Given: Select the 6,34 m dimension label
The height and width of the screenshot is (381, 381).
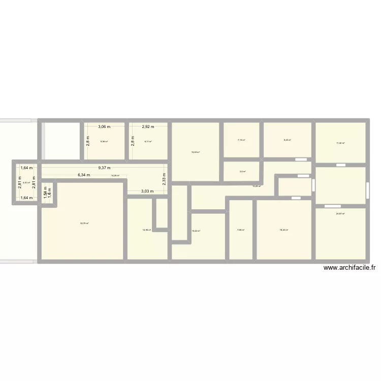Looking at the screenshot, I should click(x=84, y=175).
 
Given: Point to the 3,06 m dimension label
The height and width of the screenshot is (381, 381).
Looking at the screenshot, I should click(x=104, y=126).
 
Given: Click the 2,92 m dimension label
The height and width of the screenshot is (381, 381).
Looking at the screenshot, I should click(x=148, y=126).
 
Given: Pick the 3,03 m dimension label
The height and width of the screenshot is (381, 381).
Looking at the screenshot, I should click(x=147, y=191).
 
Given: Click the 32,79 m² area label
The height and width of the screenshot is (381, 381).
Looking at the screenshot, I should click(x=84, y=223).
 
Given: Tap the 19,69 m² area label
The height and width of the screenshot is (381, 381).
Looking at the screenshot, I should click(x=196, y=152).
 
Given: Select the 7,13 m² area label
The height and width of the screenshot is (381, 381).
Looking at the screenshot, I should click(x=241, y=140).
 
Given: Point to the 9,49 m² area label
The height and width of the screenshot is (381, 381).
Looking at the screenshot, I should click(x=287, y=140).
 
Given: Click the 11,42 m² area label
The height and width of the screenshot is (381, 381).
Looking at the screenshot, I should click(x=340, y=143).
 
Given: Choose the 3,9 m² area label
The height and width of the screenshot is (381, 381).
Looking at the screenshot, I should click(x=242, y=171).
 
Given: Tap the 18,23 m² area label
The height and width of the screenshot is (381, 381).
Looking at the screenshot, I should click(x=283, y=230).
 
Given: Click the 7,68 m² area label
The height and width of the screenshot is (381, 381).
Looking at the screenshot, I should click(x=241, y=230).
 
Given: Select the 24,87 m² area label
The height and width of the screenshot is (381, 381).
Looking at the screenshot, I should click(x=340, y=214).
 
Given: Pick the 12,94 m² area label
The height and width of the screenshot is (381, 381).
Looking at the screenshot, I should click(x=147, y=230).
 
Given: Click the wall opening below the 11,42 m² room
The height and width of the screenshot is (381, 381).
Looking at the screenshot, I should click(x=341, y=165).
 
